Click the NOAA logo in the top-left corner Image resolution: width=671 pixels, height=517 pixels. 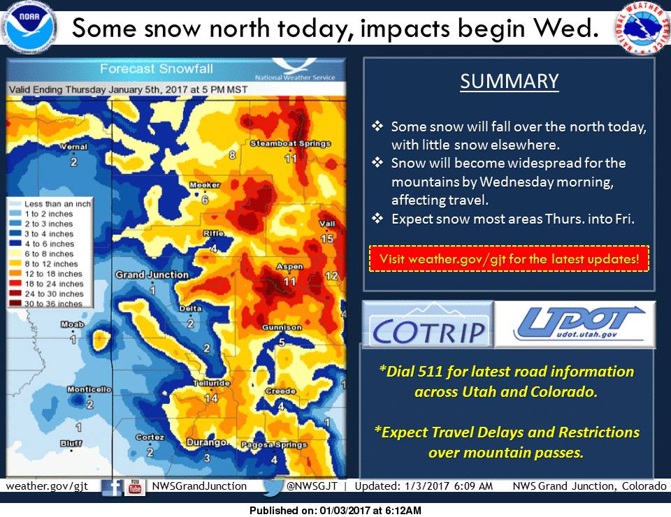(x=28, y=27)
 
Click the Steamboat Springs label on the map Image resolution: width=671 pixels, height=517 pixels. (x=291, y=144)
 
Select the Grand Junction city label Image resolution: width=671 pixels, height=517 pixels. (x=152, y=275)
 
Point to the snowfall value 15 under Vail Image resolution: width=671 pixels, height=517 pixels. (x=327, y=239)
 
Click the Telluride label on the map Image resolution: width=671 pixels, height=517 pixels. (x=211, y=383)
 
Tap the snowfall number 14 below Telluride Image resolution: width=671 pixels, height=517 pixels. (x=211, y=398)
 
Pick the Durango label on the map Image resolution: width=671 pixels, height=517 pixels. (x=206, y=442)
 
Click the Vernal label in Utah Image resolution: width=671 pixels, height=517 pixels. (x=73, y=147)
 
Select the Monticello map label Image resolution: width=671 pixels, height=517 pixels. (x=89, y=390)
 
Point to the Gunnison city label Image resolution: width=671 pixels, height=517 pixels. (x=282, y=328)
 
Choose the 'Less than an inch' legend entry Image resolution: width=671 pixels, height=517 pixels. (x=50, y=204)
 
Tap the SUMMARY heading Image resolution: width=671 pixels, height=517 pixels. (x=510, y=81)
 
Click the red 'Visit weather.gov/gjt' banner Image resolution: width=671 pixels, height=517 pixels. (x=510, y=258)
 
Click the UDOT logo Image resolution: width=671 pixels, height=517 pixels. (x=575, y=324)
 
